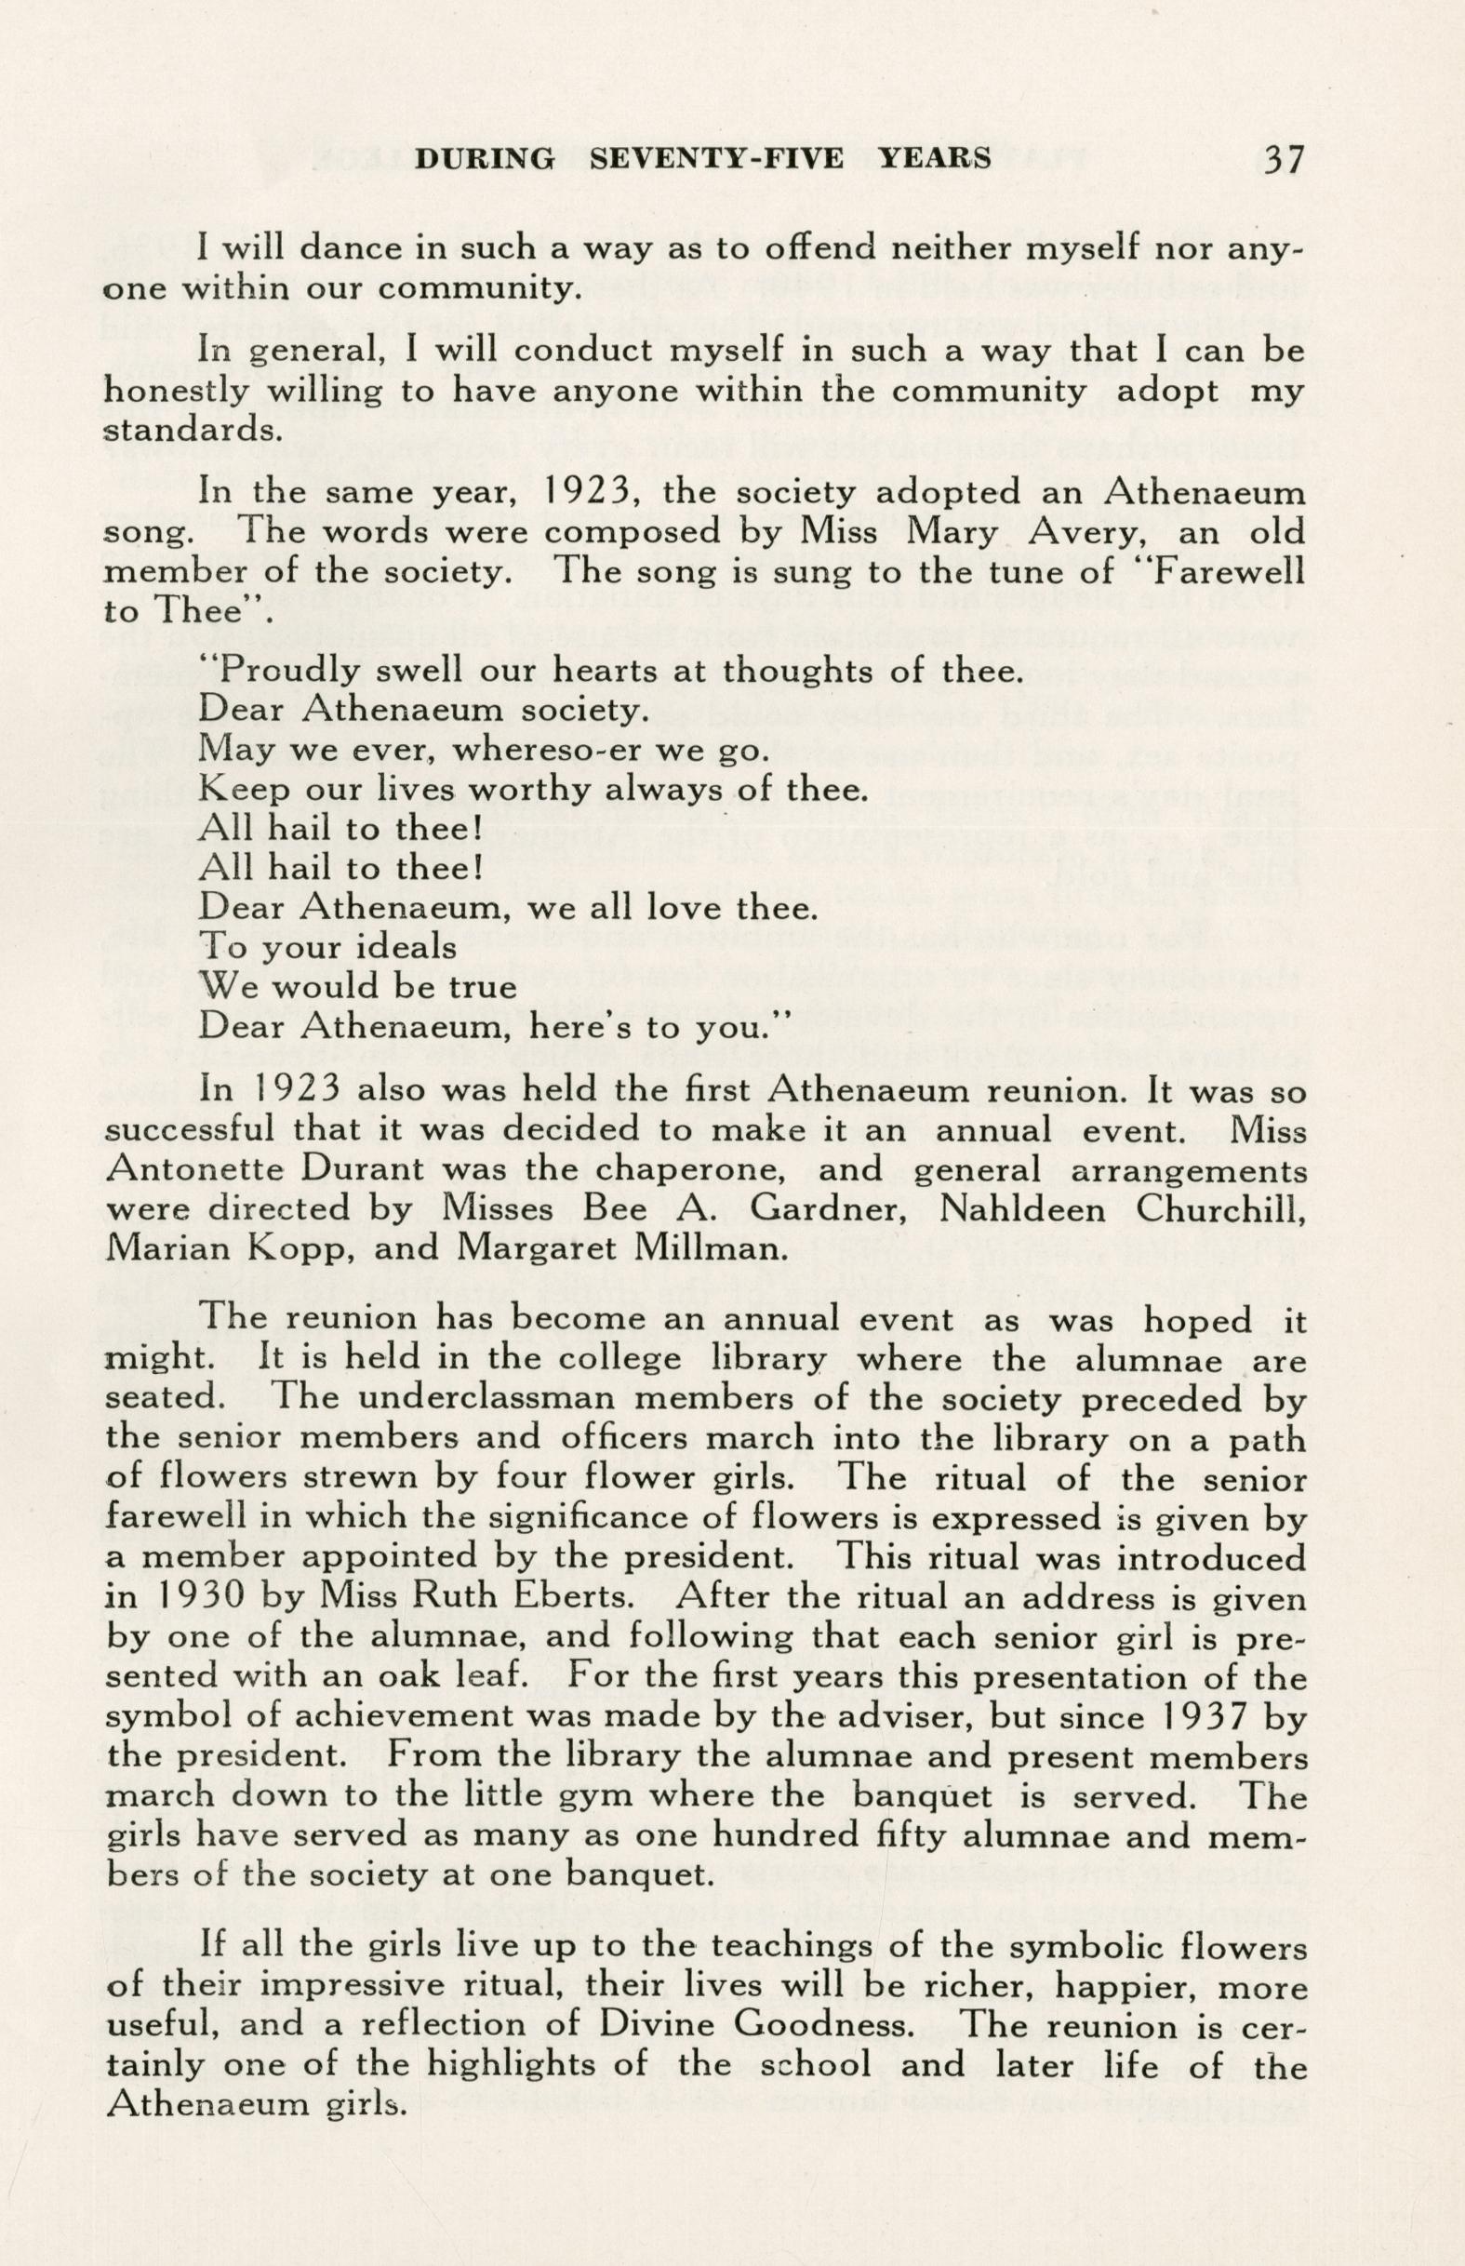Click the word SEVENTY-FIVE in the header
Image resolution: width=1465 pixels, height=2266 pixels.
[x=716, y=159]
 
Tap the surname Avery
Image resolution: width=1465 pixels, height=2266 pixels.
[x=955, y=532]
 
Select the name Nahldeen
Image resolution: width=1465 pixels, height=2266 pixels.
[x=1021, y=1210]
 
